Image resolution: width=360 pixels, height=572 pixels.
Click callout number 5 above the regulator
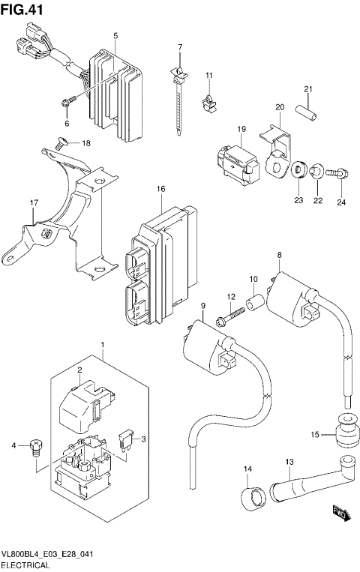coord(115,36)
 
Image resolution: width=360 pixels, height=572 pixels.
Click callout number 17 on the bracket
coord(33,202)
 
